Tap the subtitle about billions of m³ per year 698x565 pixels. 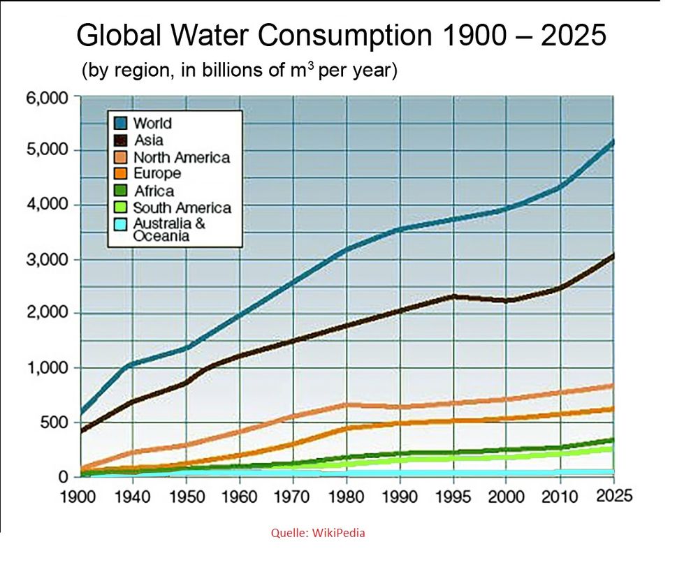tap(240, 71)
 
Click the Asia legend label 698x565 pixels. tap(148, 140)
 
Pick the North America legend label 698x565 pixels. tap(181, 157)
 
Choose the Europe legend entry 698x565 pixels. tap(157, 173)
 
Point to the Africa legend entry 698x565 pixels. tap(153, 191)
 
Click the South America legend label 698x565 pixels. tap(182, 207)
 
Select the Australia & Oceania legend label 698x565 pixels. tap(169, 230)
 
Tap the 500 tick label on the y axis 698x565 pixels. tap(54, 423)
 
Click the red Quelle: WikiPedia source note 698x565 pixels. tap(318, 533)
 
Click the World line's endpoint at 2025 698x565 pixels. tap(613, 142)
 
